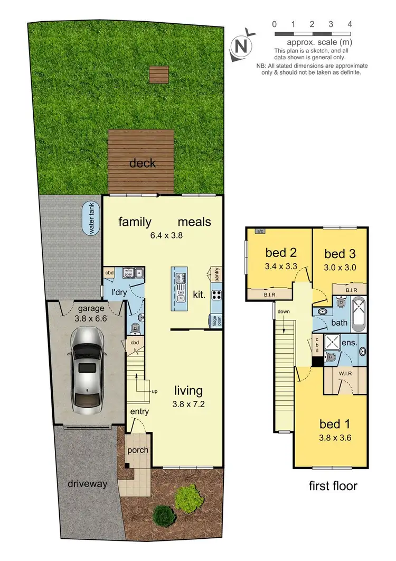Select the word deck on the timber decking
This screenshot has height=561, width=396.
[x=142, y=163]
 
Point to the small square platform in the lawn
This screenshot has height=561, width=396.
[x=157, y=75]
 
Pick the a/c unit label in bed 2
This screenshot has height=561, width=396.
[x=260, y=231]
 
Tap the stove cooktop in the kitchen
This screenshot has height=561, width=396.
[x=216, y=295]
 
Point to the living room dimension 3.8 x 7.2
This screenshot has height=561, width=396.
[x=188, y=404]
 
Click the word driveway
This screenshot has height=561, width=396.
[x=87, y=483]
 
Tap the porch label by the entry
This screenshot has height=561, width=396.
[x=138, y=450]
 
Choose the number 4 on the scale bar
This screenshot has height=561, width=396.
[x=350, y=24]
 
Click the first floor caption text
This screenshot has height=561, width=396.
[x=333, y=485]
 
